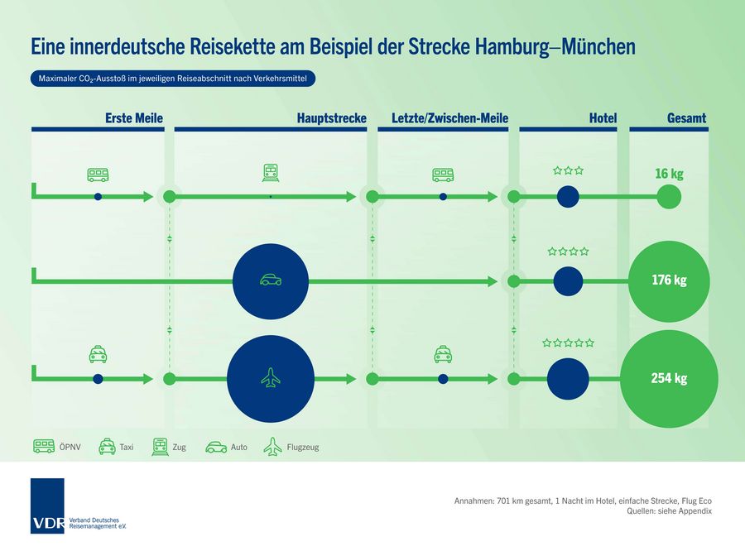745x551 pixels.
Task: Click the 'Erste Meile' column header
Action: point(133,118)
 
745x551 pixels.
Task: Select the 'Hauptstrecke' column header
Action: point(331,118)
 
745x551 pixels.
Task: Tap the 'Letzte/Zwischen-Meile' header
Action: point(449,118)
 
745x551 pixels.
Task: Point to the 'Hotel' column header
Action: point(603,118)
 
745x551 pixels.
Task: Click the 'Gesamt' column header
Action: point(686,118)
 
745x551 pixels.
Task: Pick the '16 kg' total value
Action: point(669,174)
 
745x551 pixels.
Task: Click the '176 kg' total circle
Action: point(669,280)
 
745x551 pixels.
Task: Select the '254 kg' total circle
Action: point(669,379)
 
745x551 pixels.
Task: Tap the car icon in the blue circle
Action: point(270,280)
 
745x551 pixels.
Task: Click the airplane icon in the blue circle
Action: point(270,379)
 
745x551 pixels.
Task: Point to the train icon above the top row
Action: point(271,173)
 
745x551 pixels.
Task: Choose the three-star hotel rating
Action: point(568,171)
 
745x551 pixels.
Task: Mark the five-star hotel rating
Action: point(568,343)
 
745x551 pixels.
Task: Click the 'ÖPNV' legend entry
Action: point(55,447)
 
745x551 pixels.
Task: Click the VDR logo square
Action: point(47,505)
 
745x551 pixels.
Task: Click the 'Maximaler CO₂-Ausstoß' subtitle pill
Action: point(172,79)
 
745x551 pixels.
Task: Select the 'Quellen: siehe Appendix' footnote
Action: point(670,512)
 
